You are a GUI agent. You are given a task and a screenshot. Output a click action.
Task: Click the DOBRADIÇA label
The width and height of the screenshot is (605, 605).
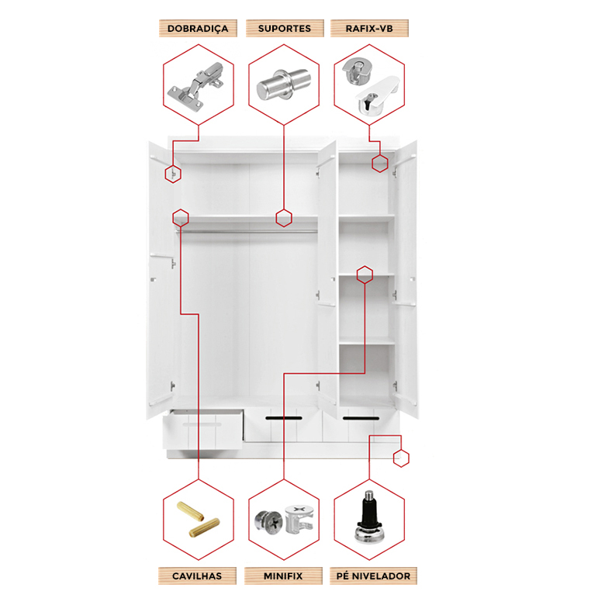pos(198,29)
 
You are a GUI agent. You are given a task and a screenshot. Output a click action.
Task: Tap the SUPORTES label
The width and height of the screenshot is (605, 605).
pos(285,29)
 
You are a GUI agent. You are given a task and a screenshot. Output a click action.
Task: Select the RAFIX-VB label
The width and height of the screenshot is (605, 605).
pos(369,29)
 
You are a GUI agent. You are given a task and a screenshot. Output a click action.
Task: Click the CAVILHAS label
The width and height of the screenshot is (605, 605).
pos(197,576)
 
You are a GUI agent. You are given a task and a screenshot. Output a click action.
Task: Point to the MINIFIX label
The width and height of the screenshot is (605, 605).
pos(283,576)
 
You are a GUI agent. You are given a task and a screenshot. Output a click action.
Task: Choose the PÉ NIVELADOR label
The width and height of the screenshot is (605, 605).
pos(373,576)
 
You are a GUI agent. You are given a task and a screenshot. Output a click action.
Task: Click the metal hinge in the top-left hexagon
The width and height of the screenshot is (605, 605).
pos(195,86)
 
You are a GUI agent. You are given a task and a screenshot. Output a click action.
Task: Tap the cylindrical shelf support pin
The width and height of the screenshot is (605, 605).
pos(284,85)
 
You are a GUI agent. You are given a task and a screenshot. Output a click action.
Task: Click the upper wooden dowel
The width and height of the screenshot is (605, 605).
pos(190,510)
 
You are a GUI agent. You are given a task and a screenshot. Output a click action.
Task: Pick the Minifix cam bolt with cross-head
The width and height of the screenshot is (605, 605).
pos(268,522)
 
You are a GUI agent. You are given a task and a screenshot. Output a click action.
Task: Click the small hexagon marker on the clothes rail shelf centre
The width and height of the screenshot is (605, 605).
pos(284,218)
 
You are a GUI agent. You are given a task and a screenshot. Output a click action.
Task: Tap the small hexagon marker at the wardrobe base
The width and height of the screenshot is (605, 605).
pos(401,458)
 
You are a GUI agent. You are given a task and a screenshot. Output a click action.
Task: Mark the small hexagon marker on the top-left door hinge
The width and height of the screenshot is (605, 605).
pos(173,174)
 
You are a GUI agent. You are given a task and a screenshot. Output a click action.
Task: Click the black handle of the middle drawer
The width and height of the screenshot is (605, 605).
pos(284,418)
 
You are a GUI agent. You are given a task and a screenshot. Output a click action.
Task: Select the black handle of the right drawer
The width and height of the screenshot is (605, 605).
pos(361,418)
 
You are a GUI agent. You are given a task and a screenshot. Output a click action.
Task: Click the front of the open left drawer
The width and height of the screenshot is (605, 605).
pos(202,432)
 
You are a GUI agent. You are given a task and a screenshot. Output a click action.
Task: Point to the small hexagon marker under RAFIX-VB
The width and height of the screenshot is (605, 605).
pos(379,164)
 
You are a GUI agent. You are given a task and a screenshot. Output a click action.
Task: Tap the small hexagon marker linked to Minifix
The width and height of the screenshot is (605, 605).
pos(365,275)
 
